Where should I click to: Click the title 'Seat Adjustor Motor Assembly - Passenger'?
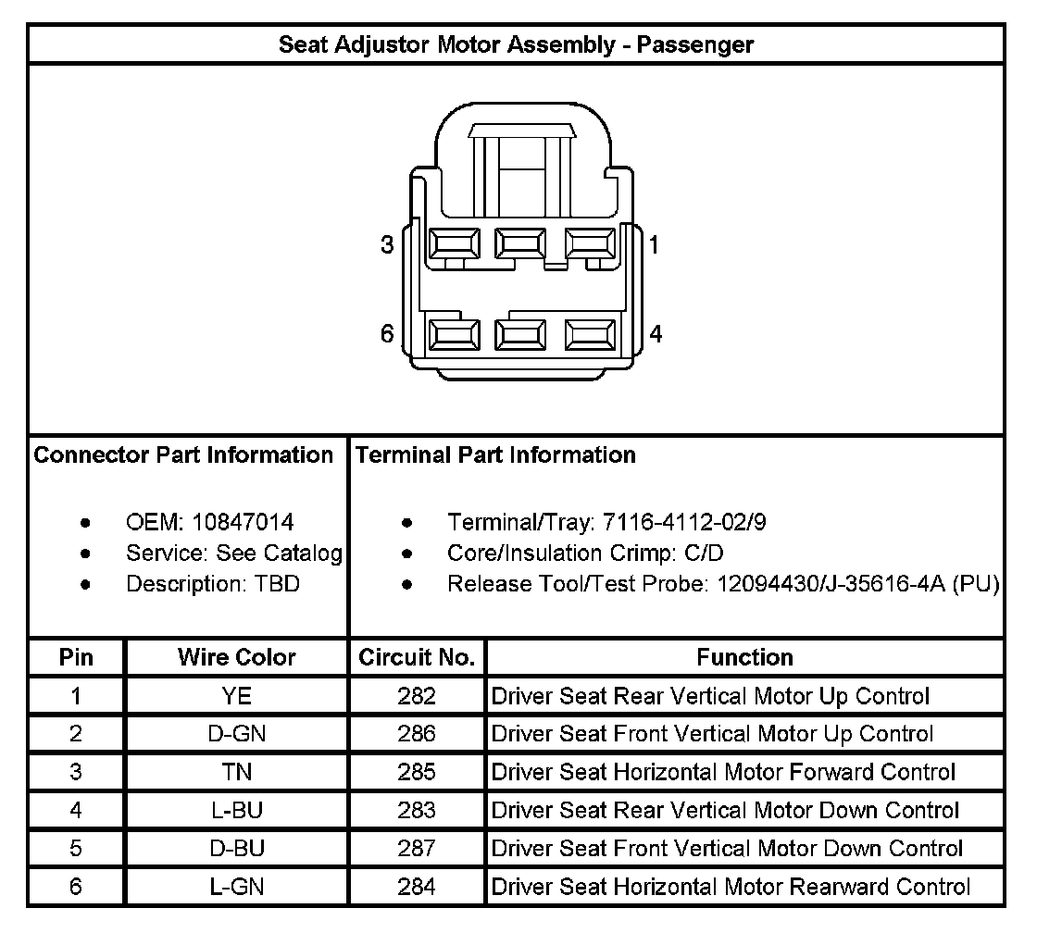pyautogui.click(x=517, y=44)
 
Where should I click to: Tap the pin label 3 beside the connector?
pyautogui.click(x=387, y=245)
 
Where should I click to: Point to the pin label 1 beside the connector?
pyautogui.click(x=655, y=245)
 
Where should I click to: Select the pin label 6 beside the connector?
pyautogui.click(x=387, y=334)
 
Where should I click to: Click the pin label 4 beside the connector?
pyautogui.click(x=656, y=334)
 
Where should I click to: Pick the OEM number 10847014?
pyautogui.click(x=243, y=523)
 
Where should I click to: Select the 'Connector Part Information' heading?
pyautogui.click(x=183, y=455)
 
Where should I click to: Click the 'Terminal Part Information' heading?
pyautogui.click(x=495, y=455)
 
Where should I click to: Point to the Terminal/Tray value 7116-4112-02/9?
pyautogui.click(x=684, y=523)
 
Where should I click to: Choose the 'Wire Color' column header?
pyautogui.click(x=236, y=658)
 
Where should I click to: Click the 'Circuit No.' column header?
pyautogui.click(x=417, y=658)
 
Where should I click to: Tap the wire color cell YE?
pyautogui.click(x=236, y=696)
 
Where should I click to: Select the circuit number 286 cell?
pyautogui.click(x=417, y=734)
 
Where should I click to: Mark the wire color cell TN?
pyautogui.click(x=236, y=772)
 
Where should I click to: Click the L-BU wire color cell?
pyautogui.click(x=236, y=811)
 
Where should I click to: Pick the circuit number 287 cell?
pyautogui.click(x=417, y=849)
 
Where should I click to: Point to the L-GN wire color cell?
pyautogui.click(x=236, y=887)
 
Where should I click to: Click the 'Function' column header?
pyautogui.click(x=744, y=658)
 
